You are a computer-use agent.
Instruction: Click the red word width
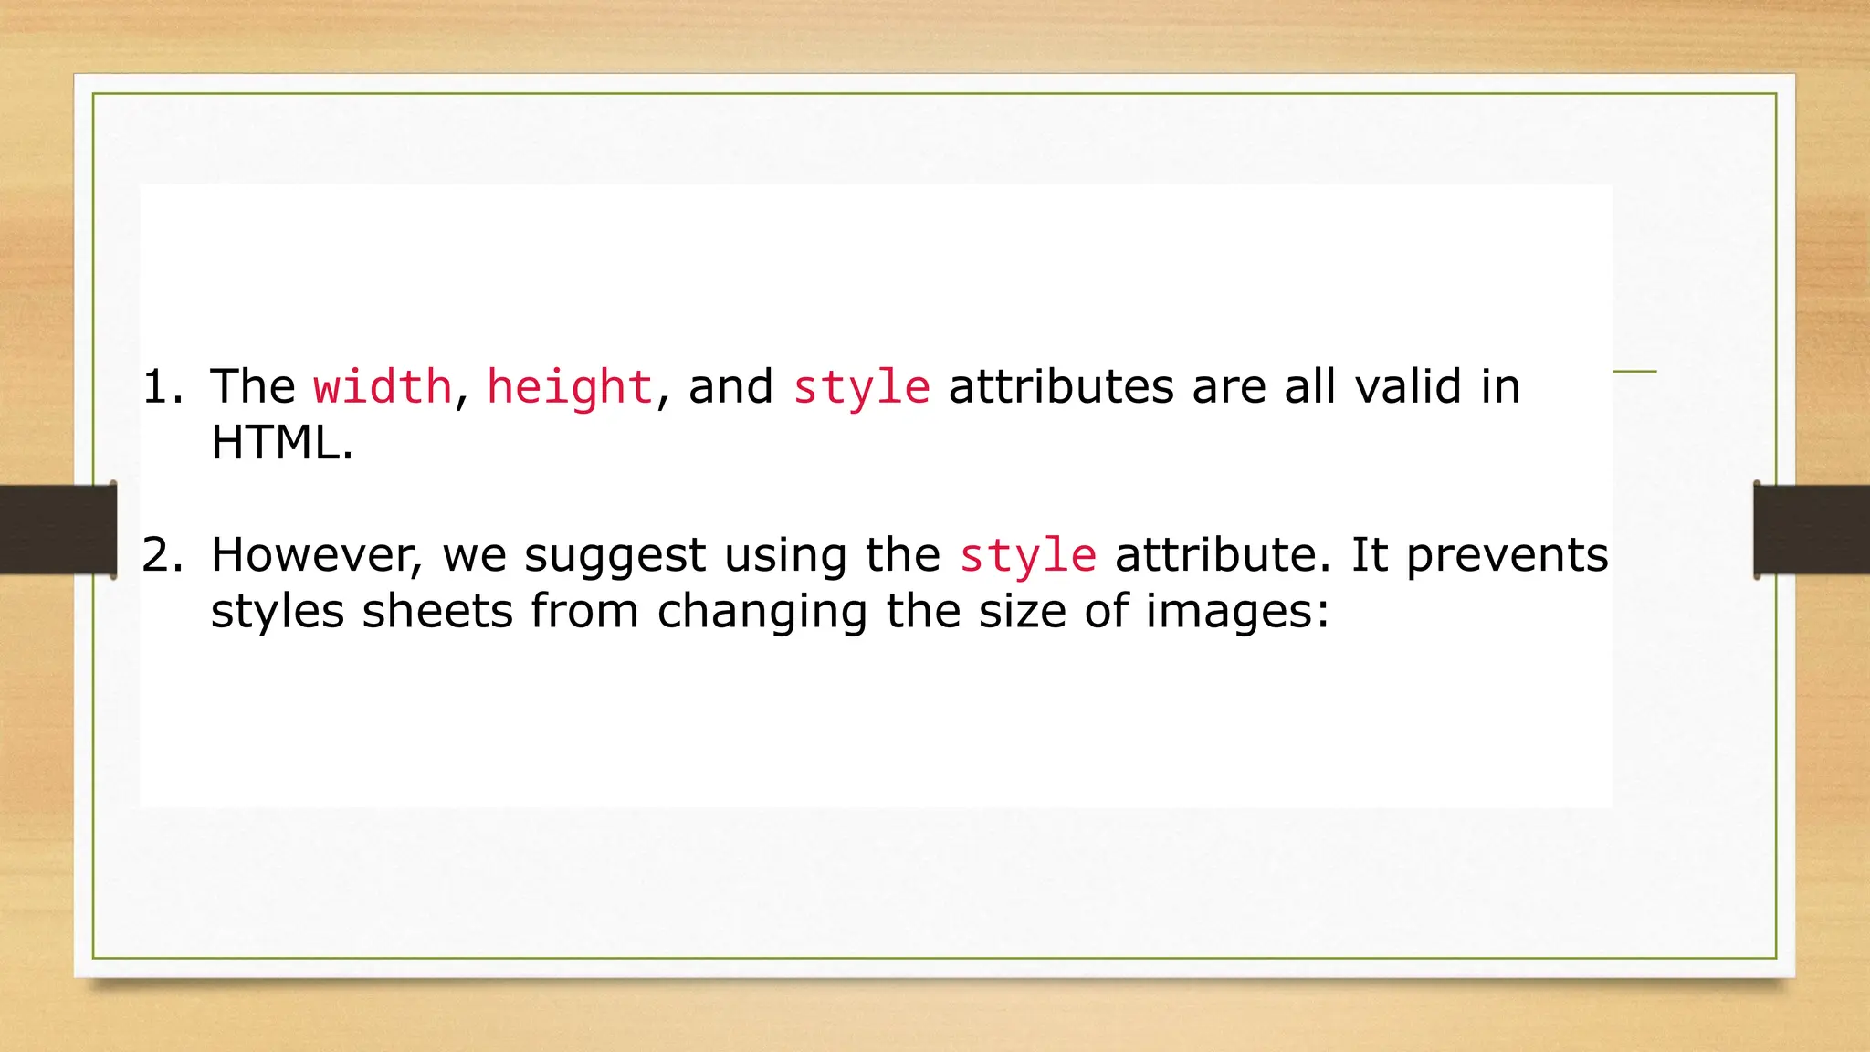(383, 387)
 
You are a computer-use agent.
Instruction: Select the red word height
(570, 387)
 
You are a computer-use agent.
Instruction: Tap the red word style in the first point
(861, 387)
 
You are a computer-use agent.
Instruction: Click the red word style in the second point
(1028, 556)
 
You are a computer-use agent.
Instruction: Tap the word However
(316, 555)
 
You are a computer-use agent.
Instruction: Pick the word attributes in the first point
(1061, 387)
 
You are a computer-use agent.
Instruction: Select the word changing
(762, 613)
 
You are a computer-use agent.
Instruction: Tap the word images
(1237, 613)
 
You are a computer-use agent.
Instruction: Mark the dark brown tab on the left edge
(58, 530)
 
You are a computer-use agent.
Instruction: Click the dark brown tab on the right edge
(1812, 530)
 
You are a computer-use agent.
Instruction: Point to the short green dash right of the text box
(1634, 372)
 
